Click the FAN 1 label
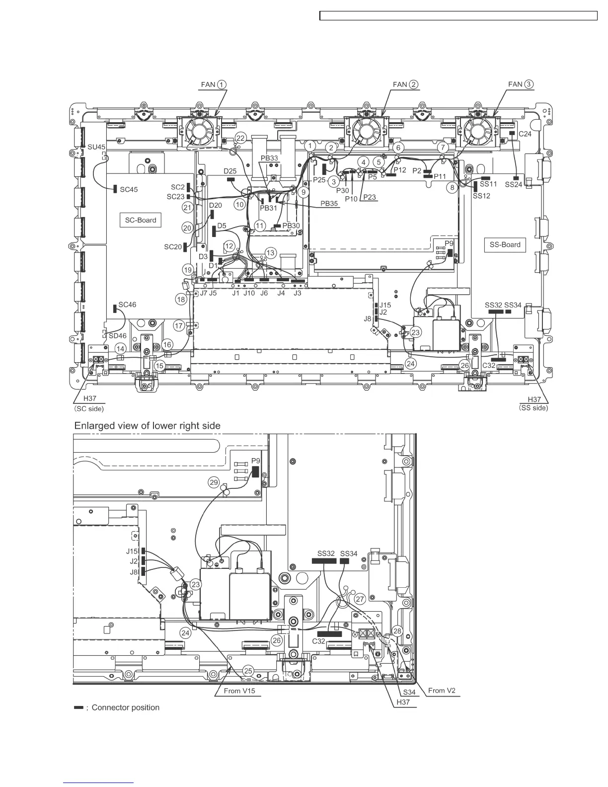click(213, 84)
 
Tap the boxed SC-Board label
click(141, 220)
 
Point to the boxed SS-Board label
click(505, 244)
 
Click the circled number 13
click(270, 253)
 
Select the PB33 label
click(270, 158)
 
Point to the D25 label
click(230, 171)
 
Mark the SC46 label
click(127, 305)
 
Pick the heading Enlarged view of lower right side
click(147, 426)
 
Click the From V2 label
click(442, 690)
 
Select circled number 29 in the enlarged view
click(214, 482)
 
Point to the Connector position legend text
click(125, 708)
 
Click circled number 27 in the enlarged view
click(360, 599)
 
